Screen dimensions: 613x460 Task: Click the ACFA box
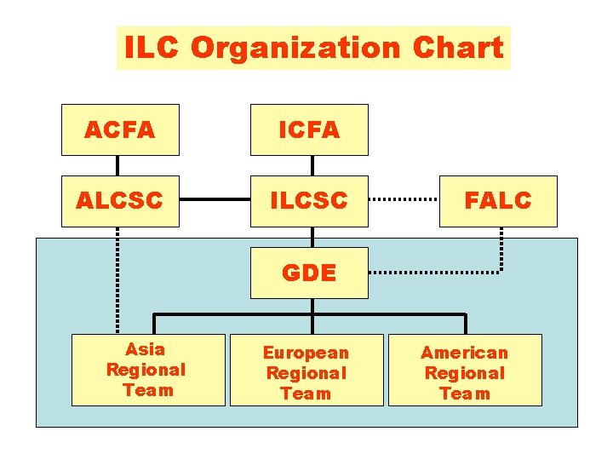point(120,129)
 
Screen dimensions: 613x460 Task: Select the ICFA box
point(309,129)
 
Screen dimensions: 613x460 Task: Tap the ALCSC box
point(120,201)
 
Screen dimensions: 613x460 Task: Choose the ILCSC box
point(309,201)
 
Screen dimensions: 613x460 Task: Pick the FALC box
point(498,201)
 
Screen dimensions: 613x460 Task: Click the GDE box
point(309,273)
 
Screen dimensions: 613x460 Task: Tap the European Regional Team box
point(306,373)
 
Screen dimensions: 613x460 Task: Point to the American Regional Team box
point(465,373)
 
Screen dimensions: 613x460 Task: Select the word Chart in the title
point(457,48)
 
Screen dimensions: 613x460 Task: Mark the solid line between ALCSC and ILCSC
point(215,201)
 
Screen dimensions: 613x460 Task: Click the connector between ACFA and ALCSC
point(117,165)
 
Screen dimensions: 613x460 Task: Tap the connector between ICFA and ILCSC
point(312,165)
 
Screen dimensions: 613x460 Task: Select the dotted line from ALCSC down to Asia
point(117,281)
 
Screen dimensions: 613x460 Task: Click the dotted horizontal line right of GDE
point(434,273)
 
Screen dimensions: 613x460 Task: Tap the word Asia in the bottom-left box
point(145,349)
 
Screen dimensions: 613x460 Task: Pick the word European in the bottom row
point(306,353)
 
